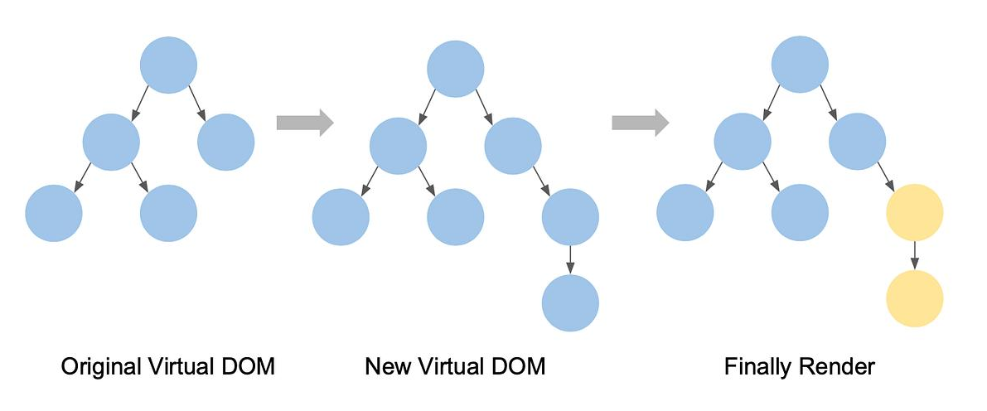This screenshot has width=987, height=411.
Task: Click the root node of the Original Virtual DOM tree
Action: tap(168, 65)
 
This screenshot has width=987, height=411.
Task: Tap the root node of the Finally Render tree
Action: tap(800, 65)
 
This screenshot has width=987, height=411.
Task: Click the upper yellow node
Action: tap(914, 213)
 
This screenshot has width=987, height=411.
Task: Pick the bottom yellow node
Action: tap(914, 298)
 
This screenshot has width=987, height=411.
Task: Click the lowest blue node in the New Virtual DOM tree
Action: tap(570, 302)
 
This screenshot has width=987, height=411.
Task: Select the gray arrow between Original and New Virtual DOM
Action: tap(304, 123)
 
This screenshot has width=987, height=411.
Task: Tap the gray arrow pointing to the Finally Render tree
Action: tap(640, 123)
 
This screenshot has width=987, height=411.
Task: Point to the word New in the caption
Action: tap(384, 365)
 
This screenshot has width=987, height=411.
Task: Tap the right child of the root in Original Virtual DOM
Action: tap(225, 142)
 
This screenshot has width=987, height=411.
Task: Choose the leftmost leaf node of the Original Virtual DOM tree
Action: tap(54, 213)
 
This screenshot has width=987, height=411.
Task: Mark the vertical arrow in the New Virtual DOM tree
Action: tap(570, 259)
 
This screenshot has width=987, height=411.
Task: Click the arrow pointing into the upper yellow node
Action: tap(885, 176)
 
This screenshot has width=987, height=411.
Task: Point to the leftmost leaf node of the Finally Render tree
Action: tap(685, 213)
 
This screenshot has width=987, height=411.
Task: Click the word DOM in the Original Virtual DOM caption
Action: tap(248, 365)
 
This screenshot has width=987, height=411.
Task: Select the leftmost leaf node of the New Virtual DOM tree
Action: tap(341, 217)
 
